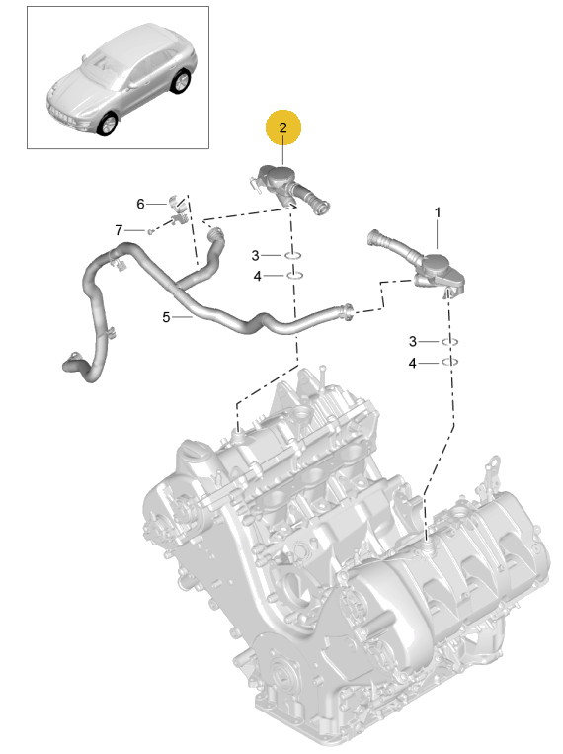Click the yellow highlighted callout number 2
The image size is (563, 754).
[x=283, y=127]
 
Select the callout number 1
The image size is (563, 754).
[x=437, y=212]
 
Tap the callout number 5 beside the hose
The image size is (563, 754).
[x=166, y=317]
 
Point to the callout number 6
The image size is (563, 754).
[x=140, y=204]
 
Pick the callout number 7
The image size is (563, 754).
[x=119, y=231]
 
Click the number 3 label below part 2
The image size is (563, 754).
[x=255, y=255]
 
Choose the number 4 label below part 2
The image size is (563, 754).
[x=257, y=276]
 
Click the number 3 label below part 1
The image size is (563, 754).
[x=413, y=341]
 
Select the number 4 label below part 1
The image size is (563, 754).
[x=412, y=363]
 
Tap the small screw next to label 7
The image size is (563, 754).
[x=150, y=232]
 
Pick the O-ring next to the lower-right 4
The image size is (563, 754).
[x=449, y=362]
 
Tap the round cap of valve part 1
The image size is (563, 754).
[x=436, y=262]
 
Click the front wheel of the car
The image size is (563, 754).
[x=108, y=124]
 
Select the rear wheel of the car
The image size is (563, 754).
[x=182, y=81]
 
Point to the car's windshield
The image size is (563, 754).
[x=103, y=66]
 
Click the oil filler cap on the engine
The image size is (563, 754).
[x=194, y=450]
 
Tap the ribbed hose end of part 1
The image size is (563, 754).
[x=377, y=238]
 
